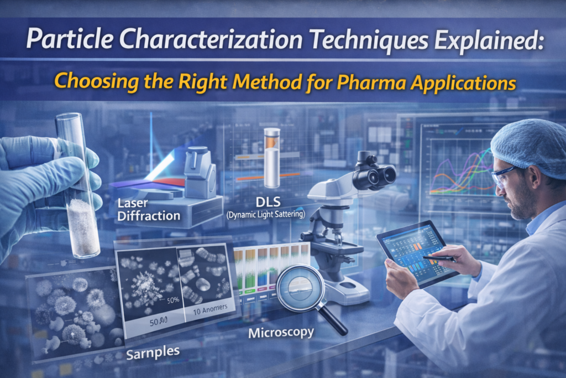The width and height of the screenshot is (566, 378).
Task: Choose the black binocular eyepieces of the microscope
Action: pos(374,175)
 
